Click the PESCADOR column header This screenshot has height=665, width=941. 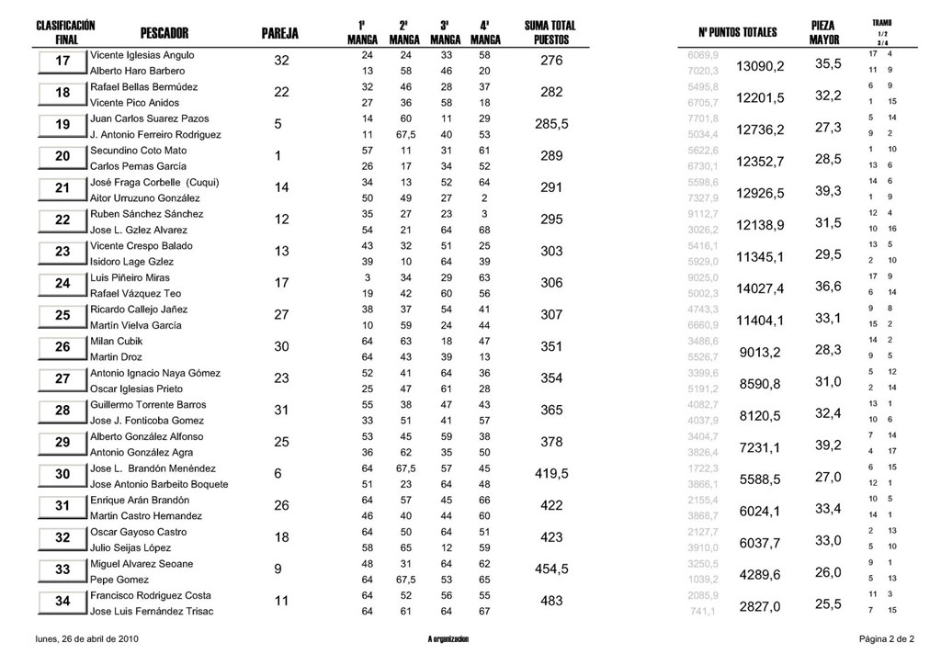click(165, 33)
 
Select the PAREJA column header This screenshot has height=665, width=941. click(280, 33)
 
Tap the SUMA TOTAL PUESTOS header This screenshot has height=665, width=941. click(550, 33)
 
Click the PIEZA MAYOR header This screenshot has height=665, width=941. click(823, 33)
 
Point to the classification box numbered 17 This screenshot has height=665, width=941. click(63, 62)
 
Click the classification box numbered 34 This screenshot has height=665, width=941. click(63, 603)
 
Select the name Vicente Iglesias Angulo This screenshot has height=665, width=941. click(142, 55)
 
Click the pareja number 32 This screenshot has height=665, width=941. click(282, 61)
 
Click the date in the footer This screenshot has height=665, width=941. click(87, 637)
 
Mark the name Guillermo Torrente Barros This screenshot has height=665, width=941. click(148, 405)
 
